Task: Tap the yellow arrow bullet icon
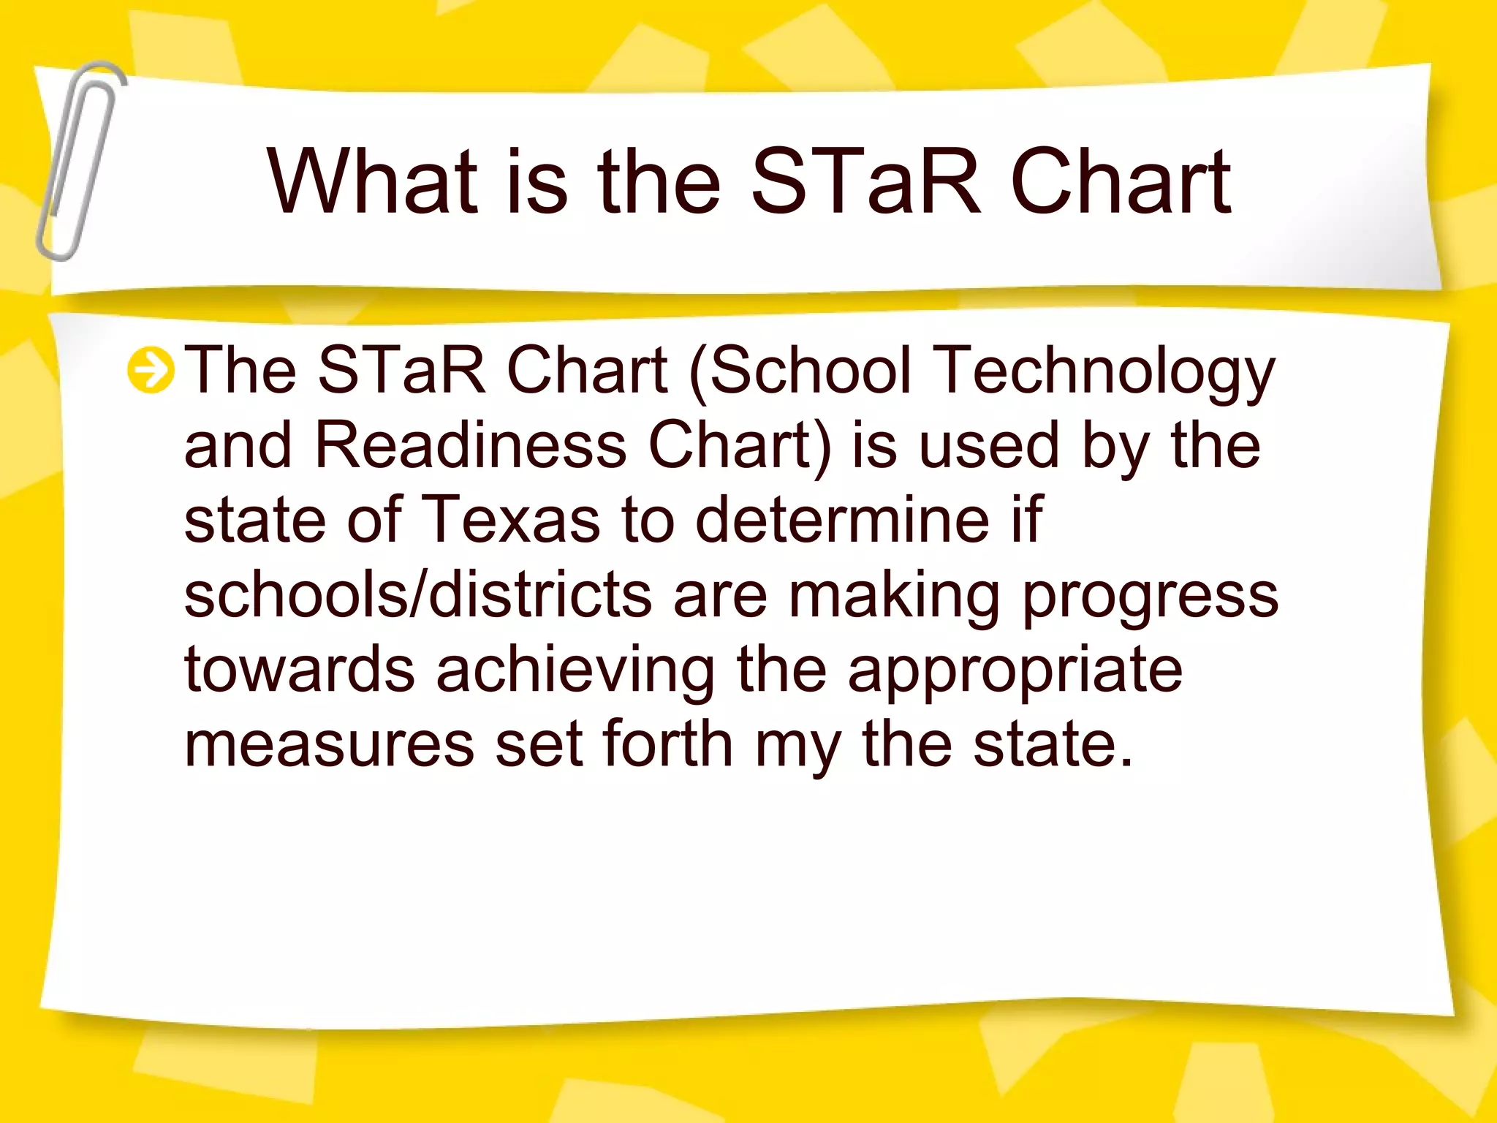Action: tap(151, 371)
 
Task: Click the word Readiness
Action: tap(470, 446)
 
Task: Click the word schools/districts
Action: tap(417, 595)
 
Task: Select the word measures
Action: tap(329, 746)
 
